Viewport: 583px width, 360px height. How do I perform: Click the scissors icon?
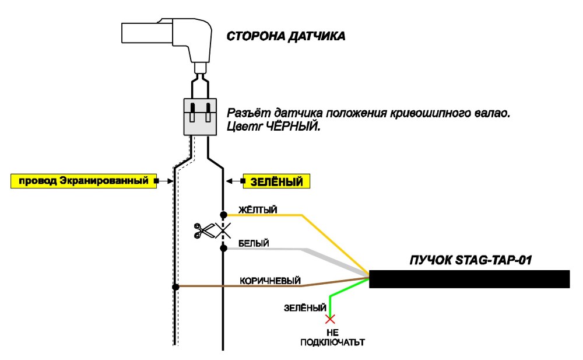204,230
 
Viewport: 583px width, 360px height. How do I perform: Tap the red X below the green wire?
330,319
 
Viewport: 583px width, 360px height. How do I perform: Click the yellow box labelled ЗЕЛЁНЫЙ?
276,181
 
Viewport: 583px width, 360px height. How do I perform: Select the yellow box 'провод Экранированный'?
83,181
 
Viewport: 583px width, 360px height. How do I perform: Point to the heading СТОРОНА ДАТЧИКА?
286,36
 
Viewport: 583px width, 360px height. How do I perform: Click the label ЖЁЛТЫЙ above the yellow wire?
258,210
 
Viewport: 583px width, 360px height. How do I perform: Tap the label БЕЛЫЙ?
254,243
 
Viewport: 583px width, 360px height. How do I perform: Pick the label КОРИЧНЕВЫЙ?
270,280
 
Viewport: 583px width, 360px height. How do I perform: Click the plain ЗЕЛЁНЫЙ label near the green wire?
305,308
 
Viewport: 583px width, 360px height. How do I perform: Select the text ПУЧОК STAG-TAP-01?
470,260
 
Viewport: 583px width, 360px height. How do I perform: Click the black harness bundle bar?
469,279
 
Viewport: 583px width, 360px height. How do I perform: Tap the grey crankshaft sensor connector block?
200,117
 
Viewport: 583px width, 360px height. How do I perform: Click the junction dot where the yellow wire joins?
223,215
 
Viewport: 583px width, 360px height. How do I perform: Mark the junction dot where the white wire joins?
223,248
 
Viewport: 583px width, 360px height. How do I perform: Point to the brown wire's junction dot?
176,286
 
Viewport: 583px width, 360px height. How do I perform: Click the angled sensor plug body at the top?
167,39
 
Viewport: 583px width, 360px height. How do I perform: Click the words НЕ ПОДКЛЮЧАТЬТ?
332,337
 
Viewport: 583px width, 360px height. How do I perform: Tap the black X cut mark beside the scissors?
223,231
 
